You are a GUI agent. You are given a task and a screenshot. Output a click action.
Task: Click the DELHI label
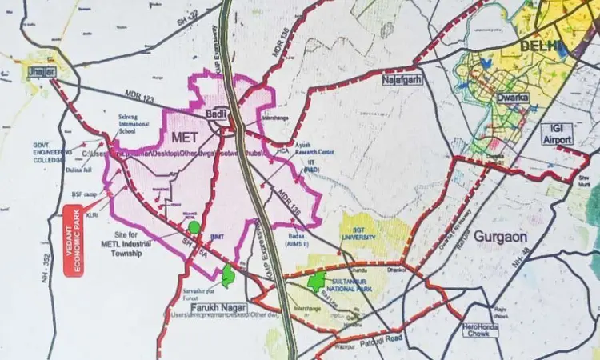pos(540,46)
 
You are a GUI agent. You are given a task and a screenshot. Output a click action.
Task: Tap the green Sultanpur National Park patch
pos(318,280)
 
